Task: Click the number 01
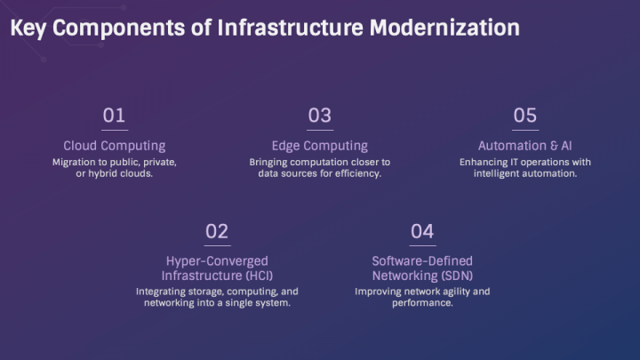(x=114, y=116)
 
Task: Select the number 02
(x=217, y=232)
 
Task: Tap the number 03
(x=319, y=116)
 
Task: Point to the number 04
(x=422, y=232)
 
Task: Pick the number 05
(x=524, y=116)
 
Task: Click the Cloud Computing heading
(x=114, y=146)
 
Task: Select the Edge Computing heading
(x=319, y=146)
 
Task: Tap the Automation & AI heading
(x=524, y=146)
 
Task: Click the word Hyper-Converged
(x=217, y=261)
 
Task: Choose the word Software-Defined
(x=422, y=261)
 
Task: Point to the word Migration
(x=75, y=162)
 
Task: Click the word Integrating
(x=164, y=291)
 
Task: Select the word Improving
(x=380, y=291)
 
